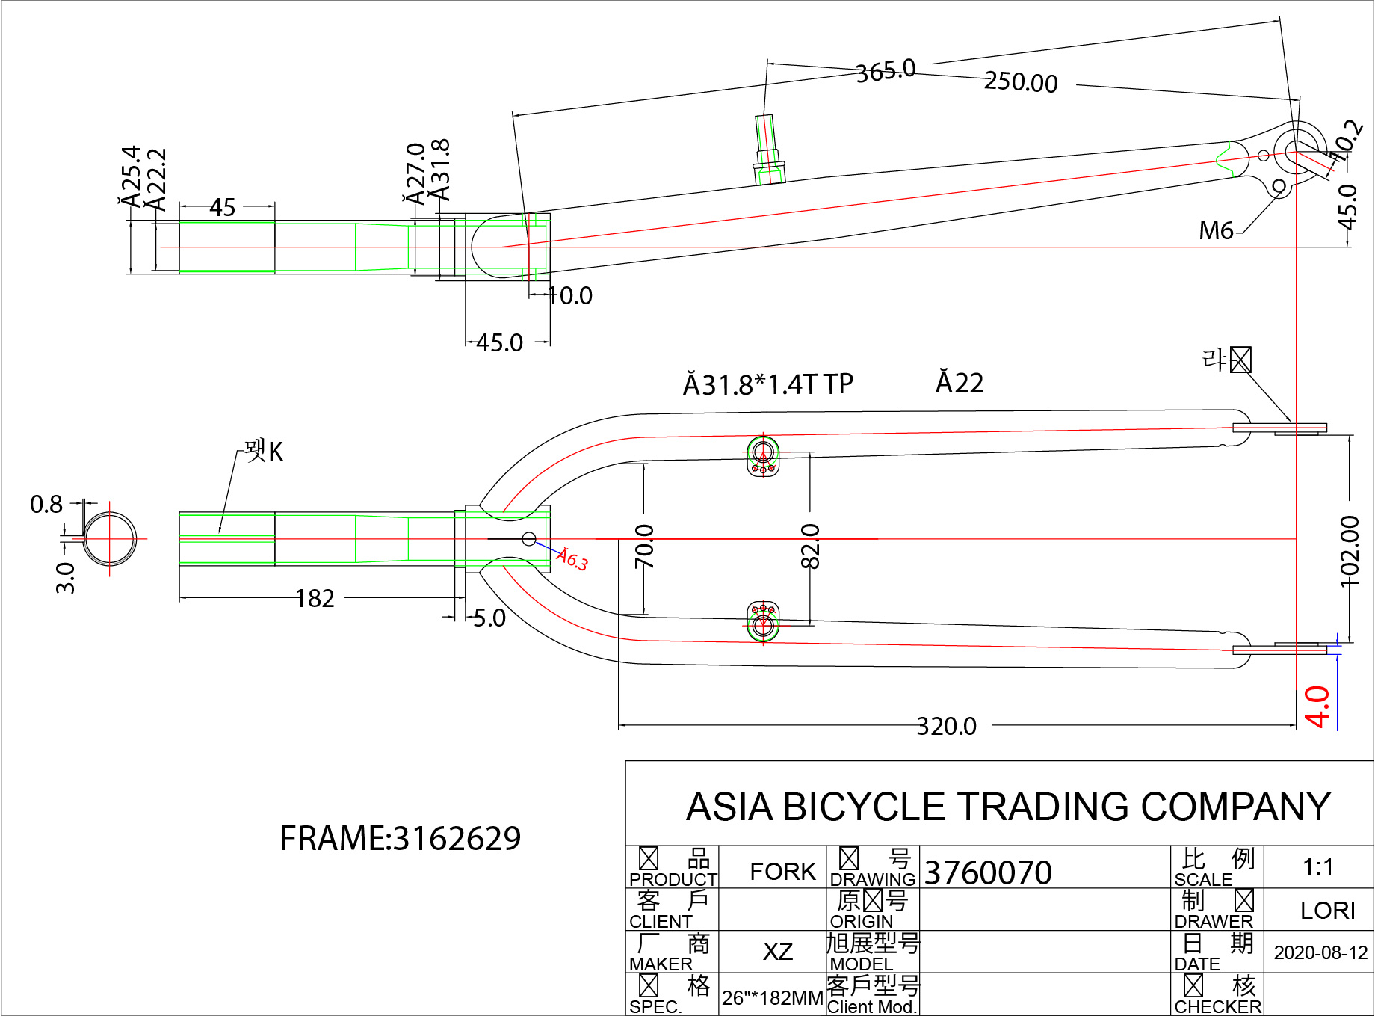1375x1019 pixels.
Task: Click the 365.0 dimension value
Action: [886, 71]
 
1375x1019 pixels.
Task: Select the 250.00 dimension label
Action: [1021, 82]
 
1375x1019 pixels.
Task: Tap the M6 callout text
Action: [1216, 231]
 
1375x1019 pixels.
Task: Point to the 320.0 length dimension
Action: [946, 726]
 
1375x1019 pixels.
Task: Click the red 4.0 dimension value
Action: [1317, 706]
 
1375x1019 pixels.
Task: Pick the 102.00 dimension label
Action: [1350, 551]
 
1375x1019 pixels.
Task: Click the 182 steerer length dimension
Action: [315, 599]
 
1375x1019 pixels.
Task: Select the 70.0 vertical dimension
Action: [644, 546]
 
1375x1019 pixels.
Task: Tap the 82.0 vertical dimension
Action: [811, 546]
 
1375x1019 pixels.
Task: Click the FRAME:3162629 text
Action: [400, 839]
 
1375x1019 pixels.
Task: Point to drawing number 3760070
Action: [988, 872]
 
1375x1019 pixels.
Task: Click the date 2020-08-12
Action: [1320, 952]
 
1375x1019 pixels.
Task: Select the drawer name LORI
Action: [1327, 910]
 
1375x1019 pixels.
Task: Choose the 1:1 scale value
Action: [1318, 866]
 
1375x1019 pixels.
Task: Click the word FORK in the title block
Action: [782, 871]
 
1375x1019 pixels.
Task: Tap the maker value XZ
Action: [777, 952]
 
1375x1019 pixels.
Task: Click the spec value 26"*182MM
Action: [772, 998]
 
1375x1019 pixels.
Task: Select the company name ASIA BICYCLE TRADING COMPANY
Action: [1008, 807]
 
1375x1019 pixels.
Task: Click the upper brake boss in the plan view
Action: [763, 455]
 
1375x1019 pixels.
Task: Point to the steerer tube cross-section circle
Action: [110, 538]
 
